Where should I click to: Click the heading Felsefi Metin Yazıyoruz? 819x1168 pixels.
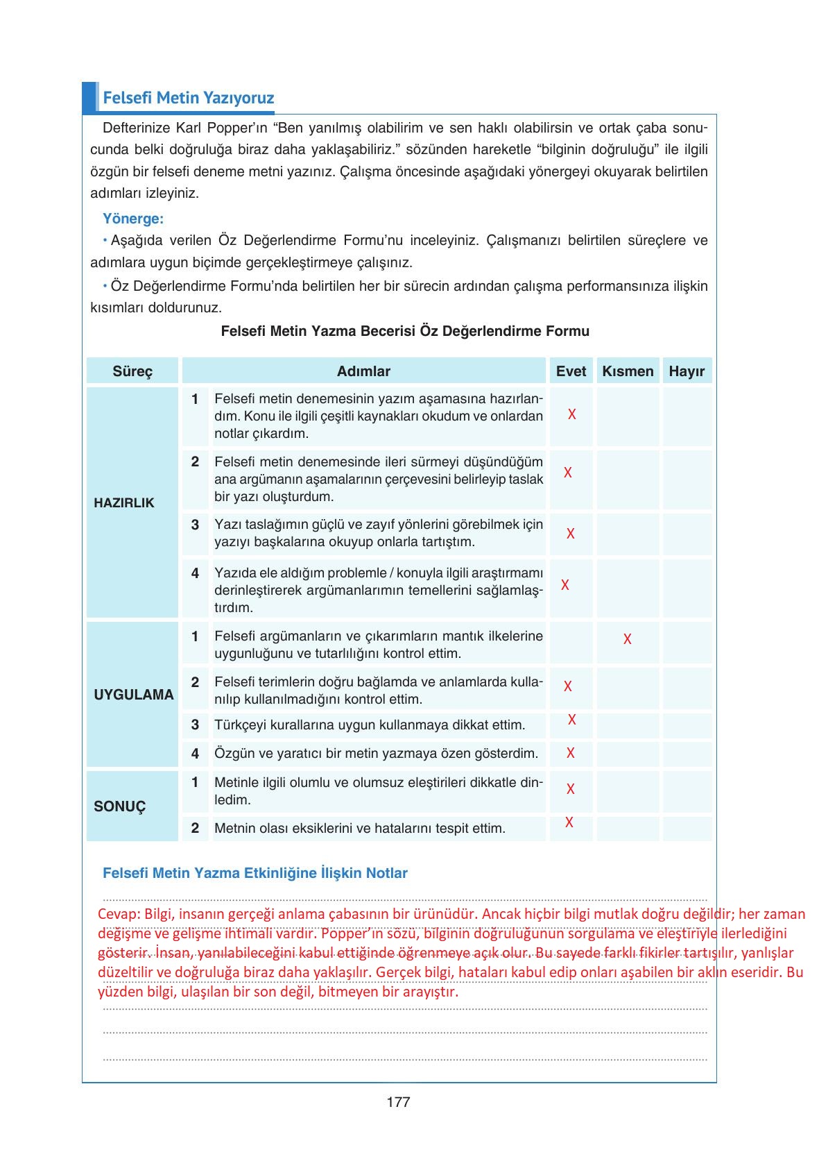(x=188, y=98)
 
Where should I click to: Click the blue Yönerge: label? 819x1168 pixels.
(x=133, y=219)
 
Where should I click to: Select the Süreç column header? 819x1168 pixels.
(x=132, y=371)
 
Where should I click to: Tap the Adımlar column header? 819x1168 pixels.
(x=363, y=371)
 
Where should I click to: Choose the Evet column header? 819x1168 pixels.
(x=571, y=371)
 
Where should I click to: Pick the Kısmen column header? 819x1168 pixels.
(x=628, y=371)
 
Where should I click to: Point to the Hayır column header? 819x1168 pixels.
(x=687, y=371)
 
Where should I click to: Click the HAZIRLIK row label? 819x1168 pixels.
(x=124, y=503)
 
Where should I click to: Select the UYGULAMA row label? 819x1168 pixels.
(x=134, y=695)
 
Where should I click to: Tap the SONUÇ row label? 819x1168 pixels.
(x=120, y=806)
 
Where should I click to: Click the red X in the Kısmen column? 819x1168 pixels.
(x=627, y=639)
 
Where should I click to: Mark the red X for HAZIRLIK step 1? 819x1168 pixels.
(x=571, y=414)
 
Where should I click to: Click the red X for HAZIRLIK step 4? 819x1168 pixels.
(x=565, y=585)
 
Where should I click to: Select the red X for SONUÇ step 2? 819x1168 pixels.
(x=569, y=822)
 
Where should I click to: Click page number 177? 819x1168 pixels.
(x=399, y=1102)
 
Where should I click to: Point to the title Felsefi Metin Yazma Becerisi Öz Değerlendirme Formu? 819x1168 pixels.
(x=405, y=331)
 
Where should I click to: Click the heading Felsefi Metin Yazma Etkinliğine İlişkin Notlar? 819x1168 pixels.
(x=255, y=873)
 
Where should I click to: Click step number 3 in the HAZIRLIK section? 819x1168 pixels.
(x=195, y=525)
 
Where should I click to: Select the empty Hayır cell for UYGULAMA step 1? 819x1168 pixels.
(x=687, y=642)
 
